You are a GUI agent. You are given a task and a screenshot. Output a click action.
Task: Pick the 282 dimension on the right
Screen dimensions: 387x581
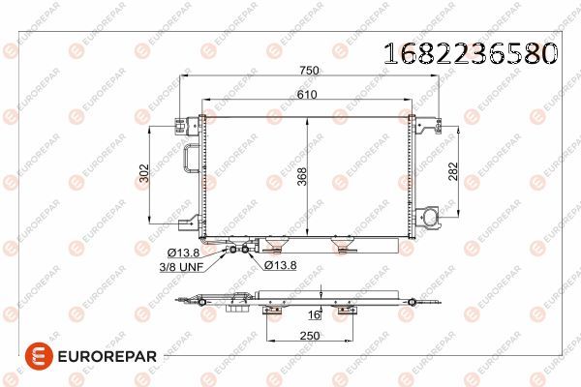click(x=466, y=173)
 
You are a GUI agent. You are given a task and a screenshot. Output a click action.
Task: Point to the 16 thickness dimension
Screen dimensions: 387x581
click(x=315, y=314)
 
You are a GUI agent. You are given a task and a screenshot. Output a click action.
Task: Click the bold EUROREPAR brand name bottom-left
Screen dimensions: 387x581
click(x=99, y=357)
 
